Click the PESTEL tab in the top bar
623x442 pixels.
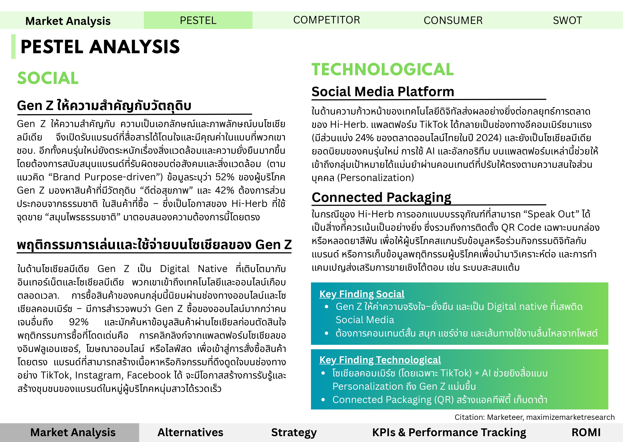[x=198, y=20]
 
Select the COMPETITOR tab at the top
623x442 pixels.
[x=326, y=20]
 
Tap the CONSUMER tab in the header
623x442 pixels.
[x=453, y=20]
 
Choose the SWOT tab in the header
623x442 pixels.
[x=567, y=20]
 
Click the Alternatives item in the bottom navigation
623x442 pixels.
[x=190, y=432]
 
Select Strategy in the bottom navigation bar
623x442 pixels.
[x=294, y=432]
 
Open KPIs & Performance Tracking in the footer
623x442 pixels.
[x=449, y=432]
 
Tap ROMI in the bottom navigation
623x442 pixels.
[x=586, y=432]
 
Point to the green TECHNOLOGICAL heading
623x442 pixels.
[x=382, y=69]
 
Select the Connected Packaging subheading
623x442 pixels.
[x=381, y=197]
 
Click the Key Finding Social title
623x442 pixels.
[x=362, y=294]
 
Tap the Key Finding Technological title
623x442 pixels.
[x=380, y=360]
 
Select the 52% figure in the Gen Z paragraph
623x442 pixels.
[x=225, y=177]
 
